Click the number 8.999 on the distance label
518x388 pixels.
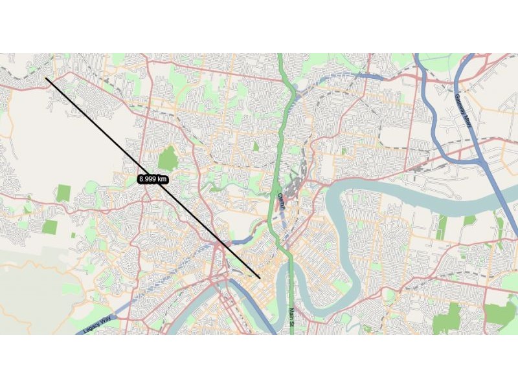149,179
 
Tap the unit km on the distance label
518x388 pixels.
163,179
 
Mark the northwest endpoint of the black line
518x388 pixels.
46,79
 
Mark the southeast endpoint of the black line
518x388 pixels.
259,278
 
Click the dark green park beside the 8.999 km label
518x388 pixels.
168,157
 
